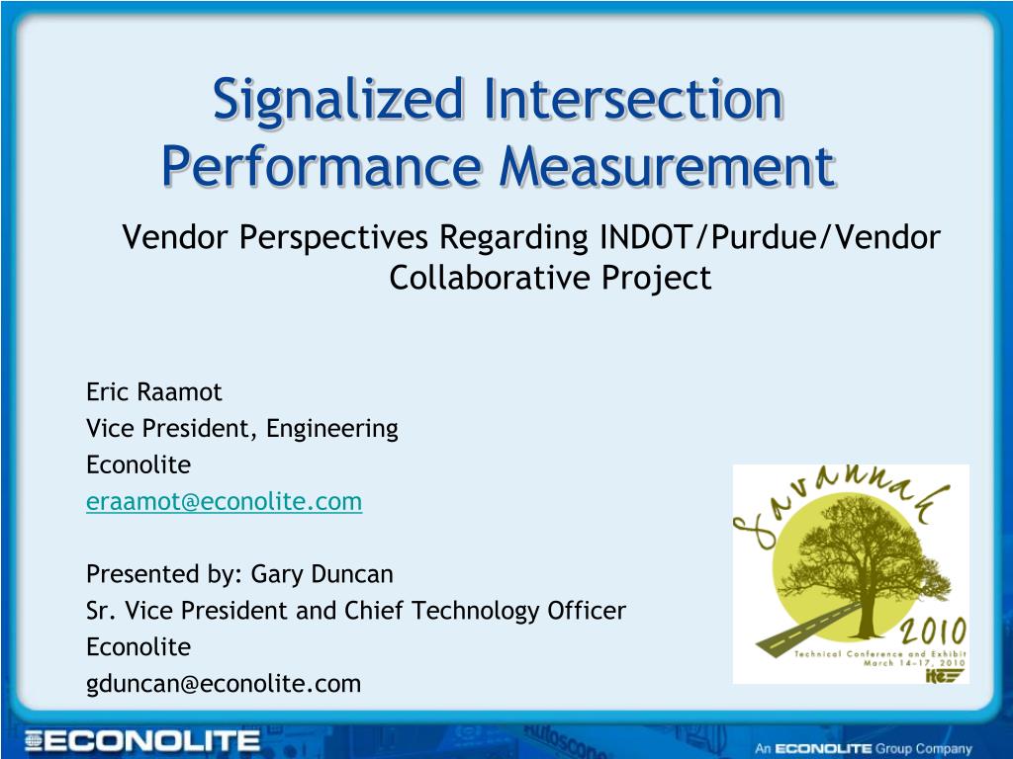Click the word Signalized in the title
click(338, 100)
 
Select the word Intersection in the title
click(634, 99)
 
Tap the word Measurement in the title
click(668, 166)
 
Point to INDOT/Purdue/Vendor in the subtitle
click(770, 237)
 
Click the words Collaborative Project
click(550, 278)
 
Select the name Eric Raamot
click(153, 391)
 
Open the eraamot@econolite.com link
click(225, 501)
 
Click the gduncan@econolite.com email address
click(224, 684)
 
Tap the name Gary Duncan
click(322, 574)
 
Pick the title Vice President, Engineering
click(242, 429)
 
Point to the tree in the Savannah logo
click(867, 561)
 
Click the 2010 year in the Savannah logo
click(934, 632)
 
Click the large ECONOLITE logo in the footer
click(142, 740)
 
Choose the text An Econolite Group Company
click(864, 749)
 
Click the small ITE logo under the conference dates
click(945, 675)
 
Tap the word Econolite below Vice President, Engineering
click(138, 464)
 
